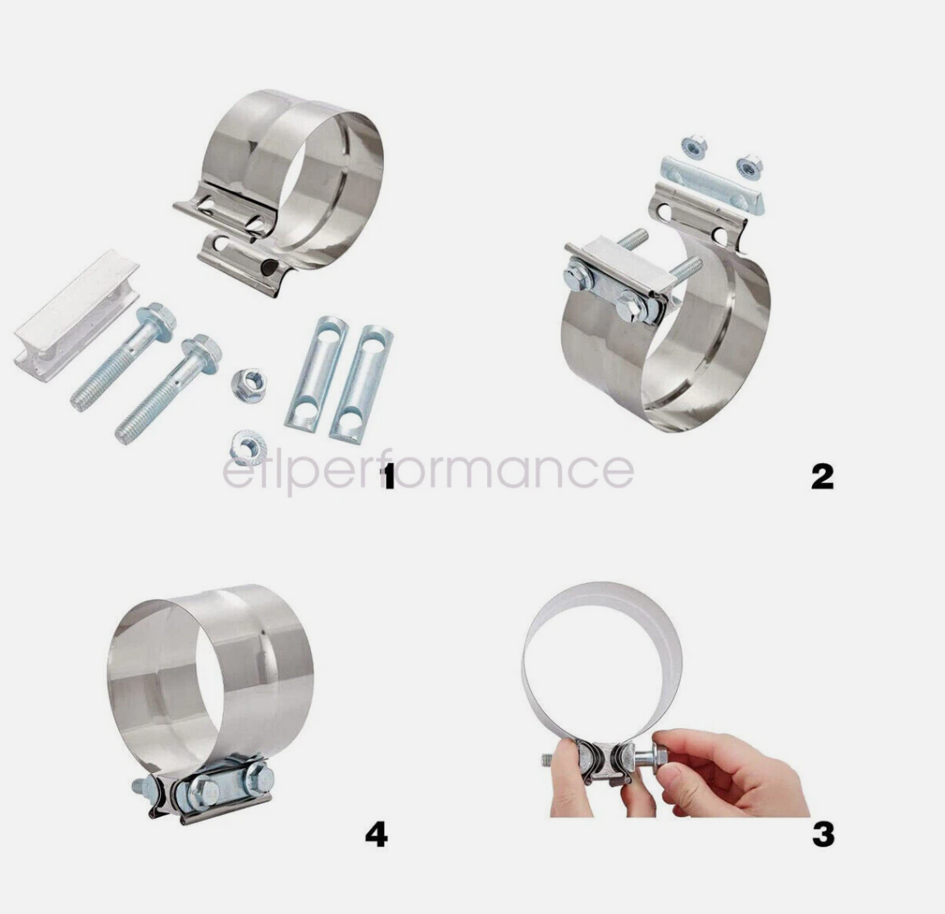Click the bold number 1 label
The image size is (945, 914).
[388, 477]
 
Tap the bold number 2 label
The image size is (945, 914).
[822, 476]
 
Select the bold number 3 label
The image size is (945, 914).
[823, 834]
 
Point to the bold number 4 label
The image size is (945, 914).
[376, 834]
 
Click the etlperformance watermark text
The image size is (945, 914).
[427, 471]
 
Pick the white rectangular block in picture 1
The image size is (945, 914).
[75, 315]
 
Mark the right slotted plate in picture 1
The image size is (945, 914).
[361, 384]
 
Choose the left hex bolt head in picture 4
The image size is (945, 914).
[200, 793]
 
